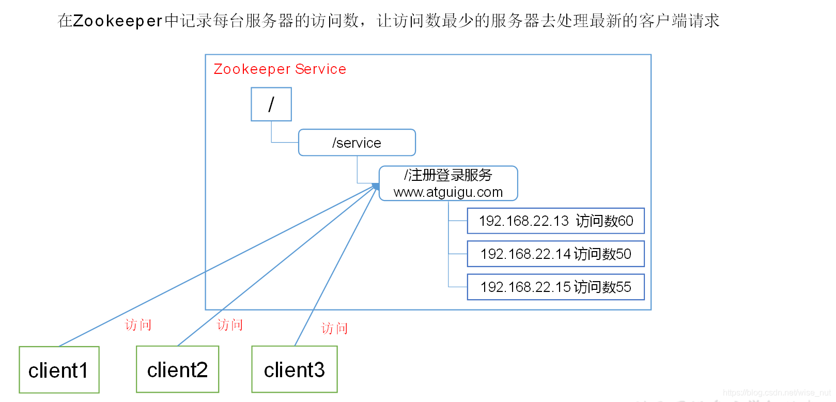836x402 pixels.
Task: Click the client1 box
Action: tap(59, 370)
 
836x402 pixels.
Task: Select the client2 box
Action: tap(177, 369)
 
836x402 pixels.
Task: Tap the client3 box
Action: tap(294, 369)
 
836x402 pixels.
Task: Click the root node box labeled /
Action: tap(271, 104)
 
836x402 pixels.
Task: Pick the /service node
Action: tap(357, 143)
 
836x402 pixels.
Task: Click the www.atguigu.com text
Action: tap(448, 192)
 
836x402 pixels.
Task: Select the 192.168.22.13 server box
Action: tap(555, 221)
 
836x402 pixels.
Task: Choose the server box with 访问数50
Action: tap(555, 254)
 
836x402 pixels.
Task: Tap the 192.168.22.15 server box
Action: tap(555, 287)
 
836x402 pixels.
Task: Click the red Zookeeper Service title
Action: tap(280, 69)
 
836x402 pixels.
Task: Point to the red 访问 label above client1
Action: tap(138, 325)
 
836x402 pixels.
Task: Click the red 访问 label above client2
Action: tap(230, 325)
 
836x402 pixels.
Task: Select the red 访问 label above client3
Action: tap(335, 329)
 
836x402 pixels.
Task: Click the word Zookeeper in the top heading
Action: tap(118, 21)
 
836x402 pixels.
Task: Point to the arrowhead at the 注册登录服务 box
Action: tap(376, 186)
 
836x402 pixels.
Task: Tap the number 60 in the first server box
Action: tap(625, 221)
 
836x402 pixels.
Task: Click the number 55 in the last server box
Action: tap(623, 287)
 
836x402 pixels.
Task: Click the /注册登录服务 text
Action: tap(448, 175)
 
